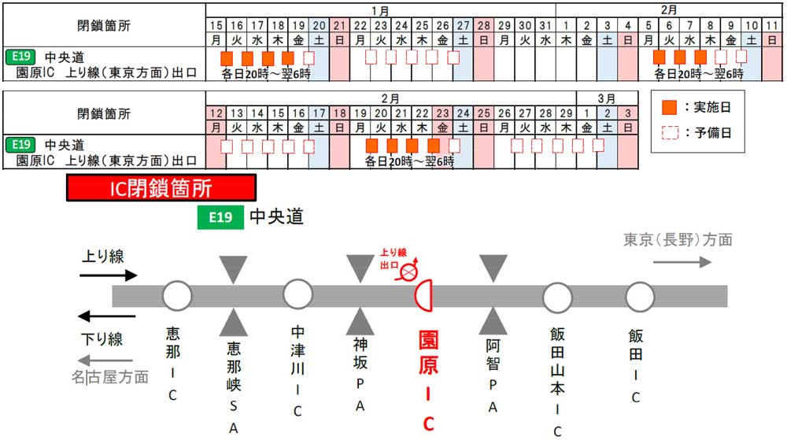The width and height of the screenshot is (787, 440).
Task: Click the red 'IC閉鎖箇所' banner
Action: click(161, 187)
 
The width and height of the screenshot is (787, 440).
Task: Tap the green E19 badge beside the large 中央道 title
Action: click(220, 217)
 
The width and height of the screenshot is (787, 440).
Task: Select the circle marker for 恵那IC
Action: click(177, 296)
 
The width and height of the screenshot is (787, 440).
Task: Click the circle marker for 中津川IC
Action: click(297, 294)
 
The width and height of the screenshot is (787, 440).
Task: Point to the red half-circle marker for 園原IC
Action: click(423, 295)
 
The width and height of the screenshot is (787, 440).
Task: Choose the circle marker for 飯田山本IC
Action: click(557, 298)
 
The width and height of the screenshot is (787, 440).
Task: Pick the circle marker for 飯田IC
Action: click(639, 297)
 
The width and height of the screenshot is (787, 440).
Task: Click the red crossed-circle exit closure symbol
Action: click(408, 271)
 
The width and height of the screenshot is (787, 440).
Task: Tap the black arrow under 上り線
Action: click(109, 275)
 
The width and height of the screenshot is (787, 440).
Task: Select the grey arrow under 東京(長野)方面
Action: click(682, 262)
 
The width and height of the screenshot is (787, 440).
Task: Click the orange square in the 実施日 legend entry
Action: click(669, 107)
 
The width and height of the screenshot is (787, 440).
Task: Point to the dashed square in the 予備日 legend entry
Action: click(670, 132)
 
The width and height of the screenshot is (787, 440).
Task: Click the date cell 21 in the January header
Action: click(339, 26)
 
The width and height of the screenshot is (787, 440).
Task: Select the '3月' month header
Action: click(607, 98)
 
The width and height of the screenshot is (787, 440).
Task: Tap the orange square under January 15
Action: click(227, 59)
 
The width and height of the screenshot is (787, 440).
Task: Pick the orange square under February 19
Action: click(371, 146)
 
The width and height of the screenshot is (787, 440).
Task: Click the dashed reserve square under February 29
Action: click(578, 146)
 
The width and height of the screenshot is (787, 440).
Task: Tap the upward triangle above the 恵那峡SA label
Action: click(234, 322)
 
